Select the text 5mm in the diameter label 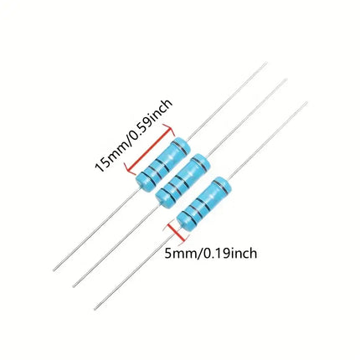coord(181,254)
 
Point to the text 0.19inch coord(229,253)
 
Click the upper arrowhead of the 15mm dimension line coord(170,129)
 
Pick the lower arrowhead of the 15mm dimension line coord(129,169)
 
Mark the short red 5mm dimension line coord(176,232)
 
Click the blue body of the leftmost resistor coord(163,165)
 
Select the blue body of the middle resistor coord(183,181)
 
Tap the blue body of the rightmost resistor coord(204,203)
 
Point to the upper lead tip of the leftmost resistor coord(266,63)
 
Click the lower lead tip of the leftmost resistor coord(54,270)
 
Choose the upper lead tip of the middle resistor coord(285,80)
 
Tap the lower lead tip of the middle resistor coord(74,286)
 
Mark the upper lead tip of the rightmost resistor coord(306,102)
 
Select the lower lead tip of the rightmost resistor coord(95,309)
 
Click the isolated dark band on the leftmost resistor coord(180,147)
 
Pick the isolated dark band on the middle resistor coord(200,164)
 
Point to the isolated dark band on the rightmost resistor coord(222,187)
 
